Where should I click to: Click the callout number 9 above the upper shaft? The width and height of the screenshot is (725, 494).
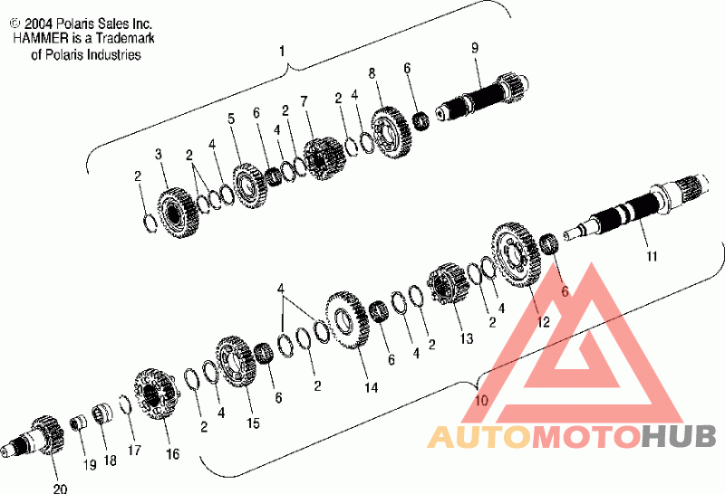475,48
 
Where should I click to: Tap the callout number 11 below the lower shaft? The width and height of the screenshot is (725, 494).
652,256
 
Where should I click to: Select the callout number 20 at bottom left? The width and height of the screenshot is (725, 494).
60,488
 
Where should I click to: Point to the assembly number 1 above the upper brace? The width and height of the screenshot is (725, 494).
283,52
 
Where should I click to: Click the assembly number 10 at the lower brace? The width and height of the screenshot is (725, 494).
481,400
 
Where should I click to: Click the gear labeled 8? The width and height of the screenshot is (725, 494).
391,132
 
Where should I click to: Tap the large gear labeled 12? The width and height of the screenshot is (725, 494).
516,254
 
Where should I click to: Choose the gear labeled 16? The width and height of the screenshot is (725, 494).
156,394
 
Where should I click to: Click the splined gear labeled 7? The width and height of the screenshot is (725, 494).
324,158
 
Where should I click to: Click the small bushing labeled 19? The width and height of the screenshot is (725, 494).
78,422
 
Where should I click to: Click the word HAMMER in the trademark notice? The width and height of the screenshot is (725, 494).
40,38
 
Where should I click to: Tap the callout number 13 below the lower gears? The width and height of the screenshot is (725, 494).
467,338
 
